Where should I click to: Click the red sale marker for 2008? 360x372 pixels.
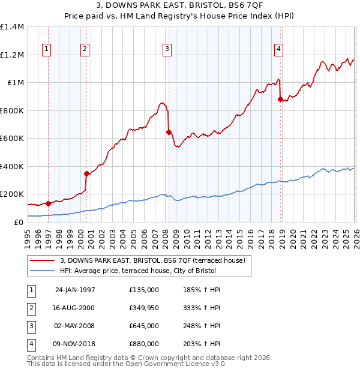pos(169,132)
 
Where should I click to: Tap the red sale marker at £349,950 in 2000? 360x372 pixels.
pos(86,174)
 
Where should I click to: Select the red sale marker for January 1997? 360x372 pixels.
pos(48,203)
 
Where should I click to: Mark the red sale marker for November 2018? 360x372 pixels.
pos(280,100)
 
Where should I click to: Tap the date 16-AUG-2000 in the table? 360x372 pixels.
pos(75,308)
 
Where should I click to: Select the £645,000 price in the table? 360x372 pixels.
pos(144,326)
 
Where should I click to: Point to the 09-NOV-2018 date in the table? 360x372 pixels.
pos(75,344)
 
